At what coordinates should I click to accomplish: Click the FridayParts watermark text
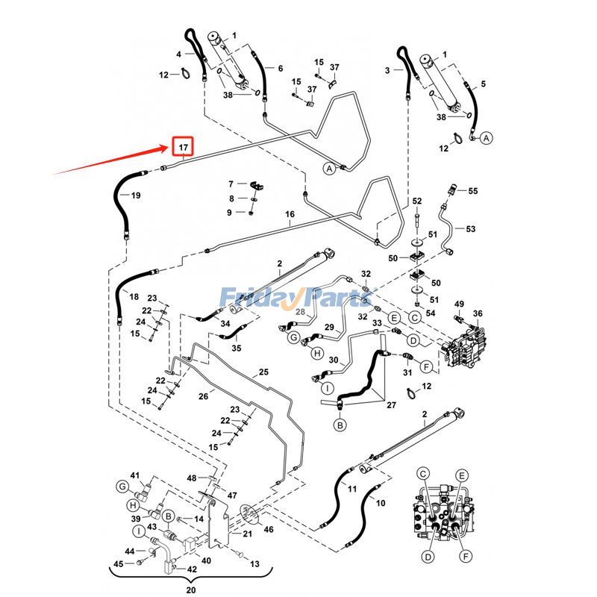click(298, 298)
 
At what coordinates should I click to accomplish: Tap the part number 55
click(472, 191)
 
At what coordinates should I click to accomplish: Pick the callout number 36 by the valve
click(478, 313)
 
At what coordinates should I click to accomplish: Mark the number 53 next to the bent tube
click(470, 228)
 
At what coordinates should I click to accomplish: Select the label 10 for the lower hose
click(381, 503)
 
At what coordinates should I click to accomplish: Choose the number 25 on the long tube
click(263, 372)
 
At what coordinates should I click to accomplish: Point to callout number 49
click(459, 304)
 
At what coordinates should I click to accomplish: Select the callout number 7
click(231, 184)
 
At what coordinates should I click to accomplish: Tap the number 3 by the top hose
click(387, 70)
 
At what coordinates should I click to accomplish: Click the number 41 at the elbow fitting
click(135, 475)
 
